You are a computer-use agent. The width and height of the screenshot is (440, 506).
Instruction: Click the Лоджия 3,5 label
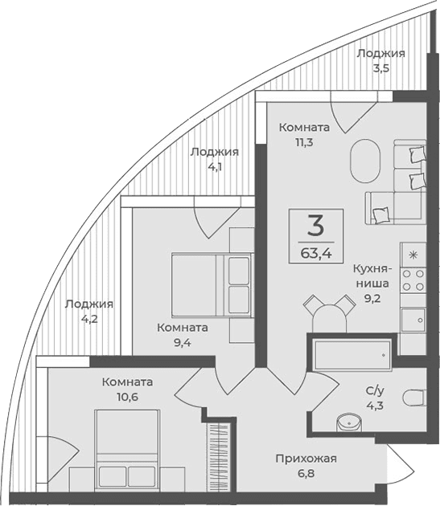(x=380, y=60)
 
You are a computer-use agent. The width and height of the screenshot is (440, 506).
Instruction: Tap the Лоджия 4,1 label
(x=214, y=160)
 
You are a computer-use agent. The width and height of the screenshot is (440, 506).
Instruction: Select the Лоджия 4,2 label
(x=89, y=311)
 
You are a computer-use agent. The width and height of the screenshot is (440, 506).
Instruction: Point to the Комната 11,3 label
(x=304, y=134)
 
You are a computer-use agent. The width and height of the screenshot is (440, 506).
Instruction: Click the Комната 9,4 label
(x=183, y=335)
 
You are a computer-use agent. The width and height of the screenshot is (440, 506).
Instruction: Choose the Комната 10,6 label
(x=128, y=390)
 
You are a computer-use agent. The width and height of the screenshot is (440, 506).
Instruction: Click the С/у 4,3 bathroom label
(x=376, y=398)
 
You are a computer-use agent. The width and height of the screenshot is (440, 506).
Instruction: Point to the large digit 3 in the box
(x=315, y=224)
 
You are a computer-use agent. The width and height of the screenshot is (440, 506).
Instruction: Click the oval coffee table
(x=364, y=162)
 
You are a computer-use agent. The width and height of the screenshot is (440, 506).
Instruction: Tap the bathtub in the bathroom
(x=352, y=352)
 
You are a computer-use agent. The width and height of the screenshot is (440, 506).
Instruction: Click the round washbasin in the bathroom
(x=347, y=422)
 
